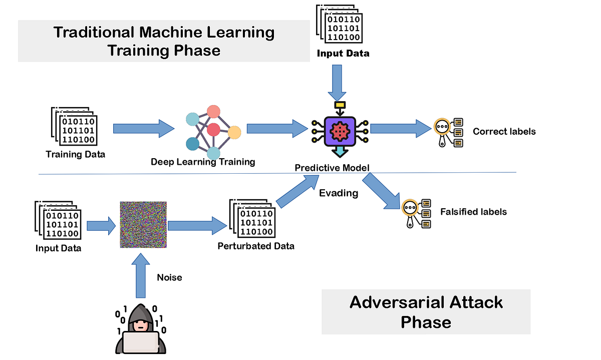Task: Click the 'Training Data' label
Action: click(x=76, y=154)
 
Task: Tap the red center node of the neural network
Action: click(x=214, y=130)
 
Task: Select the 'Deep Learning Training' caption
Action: click(x=203, y=162)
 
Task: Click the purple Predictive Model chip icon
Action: click(x=340, y=130)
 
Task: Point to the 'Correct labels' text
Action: click(x=504, y=132)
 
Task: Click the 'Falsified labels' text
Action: click(x=473, y=212)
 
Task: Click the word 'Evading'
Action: click(x=339, y=193)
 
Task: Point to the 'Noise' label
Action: click(x=169, y=277)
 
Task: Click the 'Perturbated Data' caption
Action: click(x=256, y=246)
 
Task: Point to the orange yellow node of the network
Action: click(x=234, y=133)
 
